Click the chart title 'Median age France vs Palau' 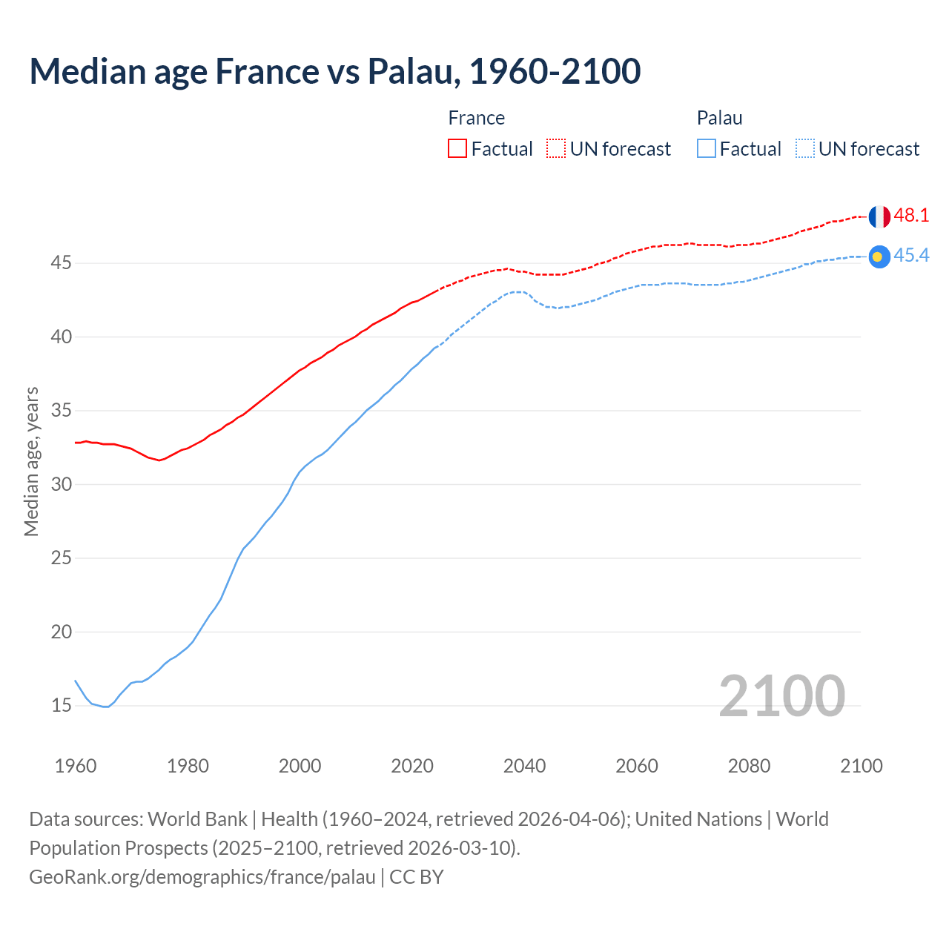point(334,71)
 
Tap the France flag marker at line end point(879,216)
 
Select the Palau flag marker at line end point(879,257)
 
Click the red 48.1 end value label point(911,216)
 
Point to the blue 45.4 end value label point(911,256)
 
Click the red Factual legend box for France point(457,149)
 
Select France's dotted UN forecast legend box point(556,149)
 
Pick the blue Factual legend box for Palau point(706,149)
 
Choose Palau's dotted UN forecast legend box point(804,149)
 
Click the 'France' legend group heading point(476,119)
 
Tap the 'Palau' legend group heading point(719,119)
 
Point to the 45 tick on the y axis point(62,263)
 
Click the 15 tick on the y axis point(62,706)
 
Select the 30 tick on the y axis point(62,485)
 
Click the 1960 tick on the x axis point(76,766)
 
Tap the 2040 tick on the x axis point(524,766)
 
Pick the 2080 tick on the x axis point(749,766)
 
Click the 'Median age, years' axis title point(31,461)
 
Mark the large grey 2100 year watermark point(781,696)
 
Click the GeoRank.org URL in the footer point(202,877)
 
